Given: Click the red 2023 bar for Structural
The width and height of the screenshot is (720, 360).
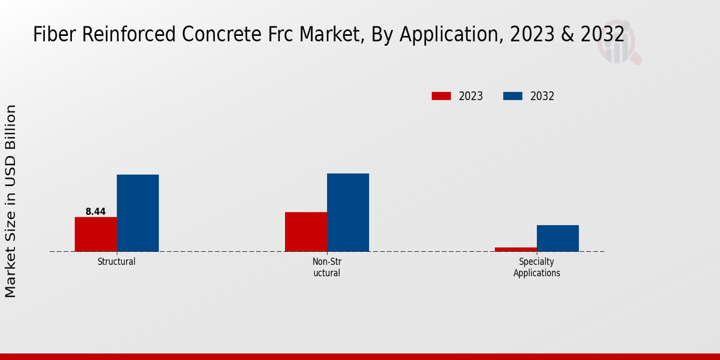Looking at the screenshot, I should (95, 234).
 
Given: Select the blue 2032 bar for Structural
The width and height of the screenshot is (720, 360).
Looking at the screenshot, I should (137, 213).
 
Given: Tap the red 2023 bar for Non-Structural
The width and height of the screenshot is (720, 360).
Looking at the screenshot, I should (305, 232).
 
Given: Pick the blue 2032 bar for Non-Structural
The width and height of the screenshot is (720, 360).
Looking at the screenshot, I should (347, 212).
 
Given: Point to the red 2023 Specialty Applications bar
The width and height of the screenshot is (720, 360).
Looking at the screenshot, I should (515, 249).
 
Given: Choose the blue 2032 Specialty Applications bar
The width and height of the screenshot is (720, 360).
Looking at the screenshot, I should (557, 238).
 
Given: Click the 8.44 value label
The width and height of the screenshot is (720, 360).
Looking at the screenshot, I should (95, 211).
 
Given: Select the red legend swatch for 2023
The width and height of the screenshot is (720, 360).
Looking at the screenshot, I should (441, 96).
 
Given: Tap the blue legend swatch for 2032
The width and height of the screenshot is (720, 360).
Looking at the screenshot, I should (512, 96).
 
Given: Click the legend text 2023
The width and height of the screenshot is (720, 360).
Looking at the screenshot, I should (471, 96).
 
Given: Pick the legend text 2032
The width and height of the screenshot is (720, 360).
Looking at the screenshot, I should (542, 96).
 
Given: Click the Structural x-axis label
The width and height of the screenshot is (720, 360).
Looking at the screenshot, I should (116, 262).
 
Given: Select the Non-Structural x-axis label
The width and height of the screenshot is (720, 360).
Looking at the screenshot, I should (326, 267).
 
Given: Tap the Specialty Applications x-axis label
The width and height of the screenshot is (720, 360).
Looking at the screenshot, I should (536, 267).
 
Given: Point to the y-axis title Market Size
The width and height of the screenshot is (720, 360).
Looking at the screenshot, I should (11, 201).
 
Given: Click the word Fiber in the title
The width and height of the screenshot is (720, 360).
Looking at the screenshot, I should (52, 34).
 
